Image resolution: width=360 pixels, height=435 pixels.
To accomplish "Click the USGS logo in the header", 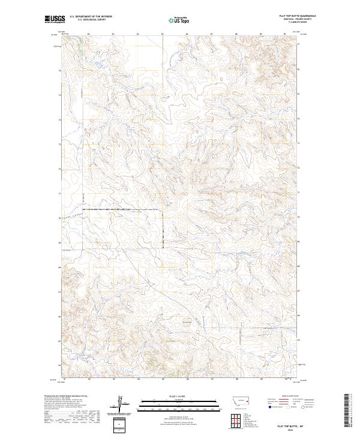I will (55, 19).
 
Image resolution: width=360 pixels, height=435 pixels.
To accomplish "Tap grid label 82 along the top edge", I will (89, 34).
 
